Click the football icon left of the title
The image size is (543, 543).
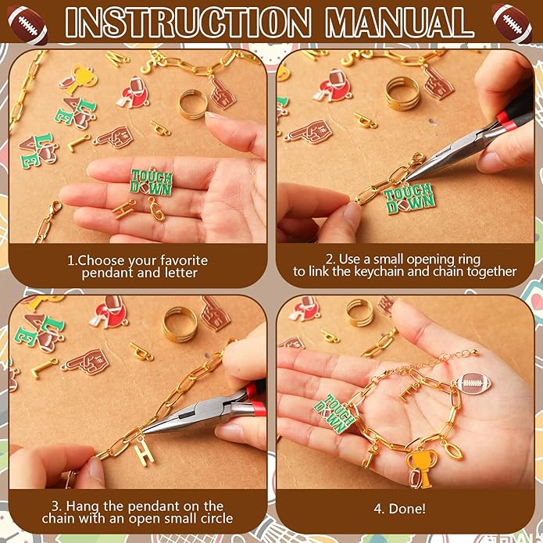[27, 24]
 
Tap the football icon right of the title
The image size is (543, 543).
[512, 23]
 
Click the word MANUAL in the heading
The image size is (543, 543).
[399, 22]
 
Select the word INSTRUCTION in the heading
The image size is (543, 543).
[188, 22]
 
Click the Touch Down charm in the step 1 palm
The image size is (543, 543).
[152, 183]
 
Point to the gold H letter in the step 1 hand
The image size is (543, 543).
[124, 209]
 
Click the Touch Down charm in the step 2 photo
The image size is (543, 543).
[409, 198]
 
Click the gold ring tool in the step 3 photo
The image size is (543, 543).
[180, 324]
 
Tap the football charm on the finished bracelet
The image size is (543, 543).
[473, 384]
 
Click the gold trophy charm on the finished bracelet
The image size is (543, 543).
[421, 467]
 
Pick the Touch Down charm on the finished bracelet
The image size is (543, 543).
[334, 413]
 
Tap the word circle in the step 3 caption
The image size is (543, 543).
[213, 519]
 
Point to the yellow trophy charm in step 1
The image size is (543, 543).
[79, 79]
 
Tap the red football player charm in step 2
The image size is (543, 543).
[332, 85]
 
